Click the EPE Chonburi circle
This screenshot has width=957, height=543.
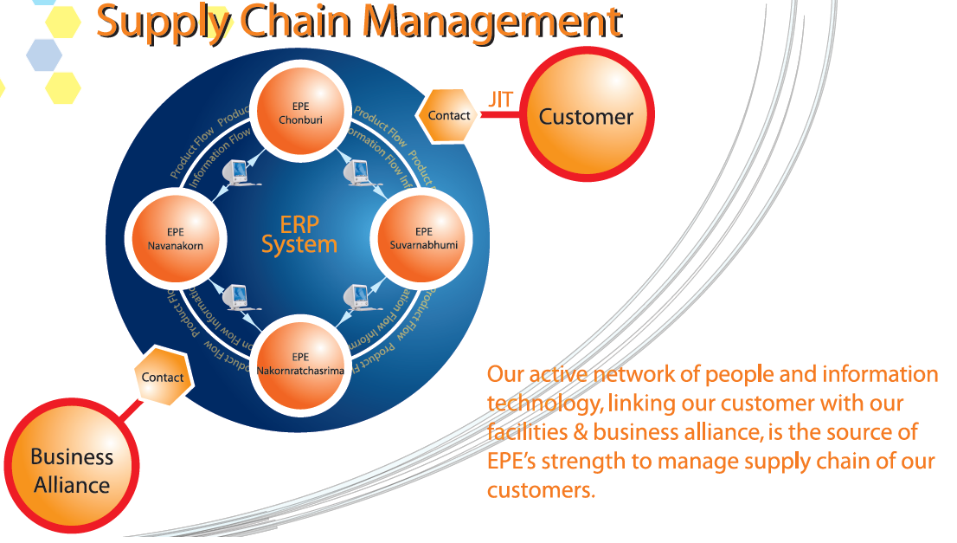click(300, 113)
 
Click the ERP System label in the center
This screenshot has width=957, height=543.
click(299, 234)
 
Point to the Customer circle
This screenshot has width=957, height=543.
click(587, 116)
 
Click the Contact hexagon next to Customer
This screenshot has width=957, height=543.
click(448, 115)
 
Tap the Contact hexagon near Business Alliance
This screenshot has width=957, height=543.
click(162, 377)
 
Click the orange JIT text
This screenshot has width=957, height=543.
click(500, 99)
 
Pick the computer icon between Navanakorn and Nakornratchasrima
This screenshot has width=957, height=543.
click(238, 297)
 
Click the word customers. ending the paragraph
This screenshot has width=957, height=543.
click(542, 490)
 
